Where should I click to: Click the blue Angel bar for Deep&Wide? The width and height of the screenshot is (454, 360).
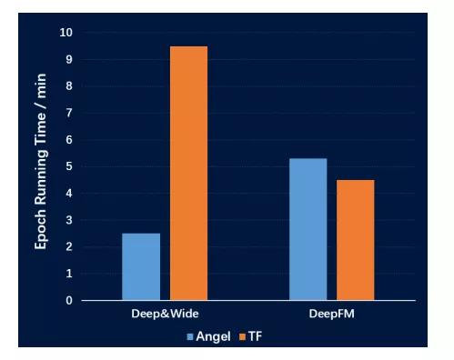[141, 266]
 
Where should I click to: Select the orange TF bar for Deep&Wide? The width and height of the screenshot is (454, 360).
[188, 173]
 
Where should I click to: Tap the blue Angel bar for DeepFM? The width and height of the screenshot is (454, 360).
[308, 229]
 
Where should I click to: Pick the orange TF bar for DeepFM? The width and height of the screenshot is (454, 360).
[355, 240]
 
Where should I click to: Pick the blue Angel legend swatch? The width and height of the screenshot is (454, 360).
[190, 336]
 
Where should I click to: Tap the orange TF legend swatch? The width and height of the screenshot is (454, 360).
[242, 336]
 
